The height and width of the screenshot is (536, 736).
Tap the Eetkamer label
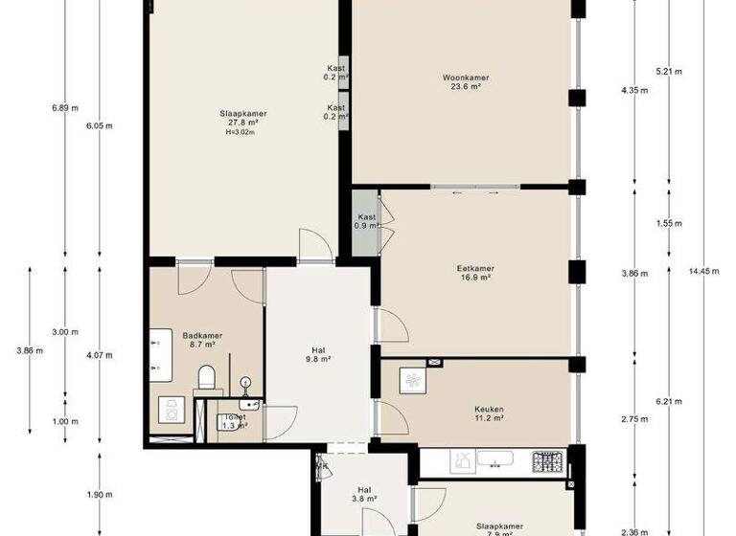pos(474,269)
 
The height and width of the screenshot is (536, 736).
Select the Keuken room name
pos(488,410)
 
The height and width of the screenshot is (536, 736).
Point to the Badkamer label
pos(202,336)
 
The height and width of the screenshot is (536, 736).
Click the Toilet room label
pos(234,418)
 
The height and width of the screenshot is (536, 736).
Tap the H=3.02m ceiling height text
pos(241,133)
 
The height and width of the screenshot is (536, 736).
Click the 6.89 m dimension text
pos(63,108)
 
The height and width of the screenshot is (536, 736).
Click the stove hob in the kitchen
pos(548,462)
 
